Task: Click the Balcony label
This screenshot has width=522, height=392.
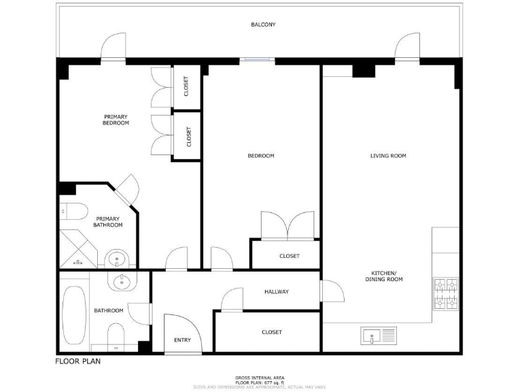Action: (263, 24)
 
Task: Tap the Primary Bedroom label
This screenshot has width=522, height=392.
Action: (116, 120)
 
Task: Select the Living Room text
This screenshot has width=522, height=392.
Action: (388, 156)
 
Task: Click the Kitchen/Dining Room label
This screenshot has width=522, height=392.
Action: (385, 277)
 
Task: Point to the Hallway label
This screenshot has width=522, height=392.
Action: (276, 292)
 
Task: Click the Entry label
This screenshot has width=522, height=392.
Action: (182, 340)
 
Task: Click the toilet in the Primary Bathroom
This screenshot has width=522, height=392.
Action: (71, 211)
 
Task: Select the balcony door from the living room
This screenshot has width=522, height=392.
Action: (408, 47)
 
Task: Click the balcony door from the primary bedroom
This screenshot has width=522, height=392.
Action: (113, 47)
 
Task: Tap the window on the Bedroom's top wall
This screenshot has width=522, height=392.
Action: (257, 60)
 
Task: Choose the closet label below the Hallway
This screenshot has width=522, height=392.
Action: (271, 332)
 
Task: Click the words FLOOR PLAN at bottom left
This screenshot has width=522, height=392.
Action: (77, 361)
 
